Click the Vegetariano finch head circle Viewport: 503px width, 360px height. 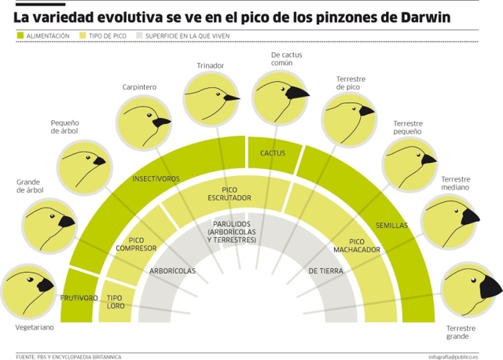point(30,290)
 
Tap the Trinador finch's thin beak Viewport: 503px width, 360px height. point(232,98)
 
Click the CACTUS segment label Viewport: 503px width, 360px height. point(273,152)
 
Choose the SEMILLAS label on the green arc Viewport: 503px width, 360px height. point(391,225)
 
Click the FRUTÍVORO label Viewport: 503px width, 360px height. point(79,298)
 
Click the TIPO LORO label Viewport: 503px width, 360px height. point(116,302)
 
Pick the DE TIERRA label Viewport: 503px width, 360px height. point(325,271)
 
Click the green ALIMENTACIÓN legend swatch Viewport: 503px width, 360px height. point(20,35)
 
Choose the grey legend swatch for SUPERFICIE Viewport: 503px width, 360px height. point(139,35)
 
